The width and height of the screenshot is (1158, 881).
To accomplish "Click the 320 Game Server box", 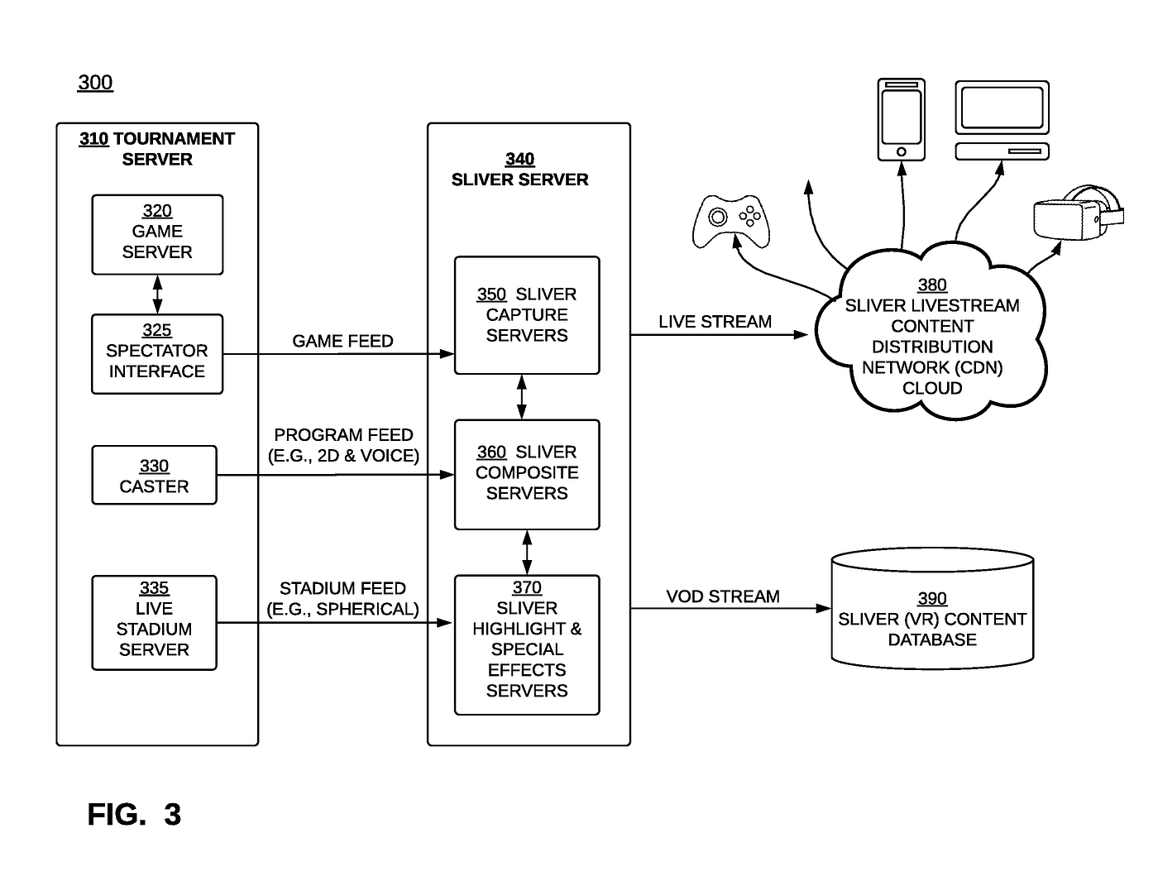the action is [156, 234].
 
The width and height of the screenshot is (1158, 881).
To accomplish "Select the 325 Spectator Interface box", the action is [156, 353].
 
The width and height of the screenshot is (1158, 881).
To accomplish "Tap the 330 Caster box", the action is [154, 475].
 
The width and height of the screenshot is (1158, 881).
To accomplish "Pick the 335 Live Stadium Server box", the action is [154, 623].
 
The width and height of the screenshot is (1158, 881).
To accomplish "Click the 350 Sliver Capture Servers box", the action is [527, 315].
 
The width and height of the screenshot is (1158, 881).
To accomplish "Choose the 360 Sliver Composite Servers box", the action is [527, 474].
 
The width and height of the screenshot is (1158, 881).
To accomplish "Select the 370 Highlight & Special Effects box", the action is [527, 644].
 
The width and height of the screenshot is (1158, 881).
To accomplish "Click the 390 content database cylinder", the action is [931, 608].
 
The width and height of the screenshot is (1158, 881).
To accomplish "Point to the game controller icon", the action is [730, 221].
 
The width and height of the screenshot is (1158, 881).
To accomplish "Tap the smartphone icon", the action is [901, 120].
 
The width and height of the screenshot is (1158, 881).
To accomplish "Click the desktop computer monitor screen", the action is [1002, 108].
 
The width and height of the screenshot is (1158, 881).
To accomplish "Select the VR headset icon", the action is [1078, 213].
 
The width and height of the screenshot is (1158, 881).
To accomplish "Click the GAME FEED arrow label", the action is [342, 341].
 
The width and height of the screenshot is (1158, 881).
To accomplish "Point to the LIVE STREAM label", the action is [715, 321].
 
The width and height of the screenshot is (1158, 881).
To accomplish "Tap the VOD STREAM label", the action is [722, 596].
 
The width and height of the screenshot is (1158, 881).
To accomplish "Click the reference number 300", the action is [95, 82].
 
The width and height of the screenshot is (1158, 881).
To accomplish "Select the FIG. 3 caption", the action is [134, 814].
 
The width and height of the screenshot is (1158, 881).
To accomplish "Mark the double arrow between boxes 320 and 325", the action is [157, 294].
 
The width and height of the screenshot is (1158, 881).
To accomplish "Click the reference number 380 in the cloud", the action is [931, 285].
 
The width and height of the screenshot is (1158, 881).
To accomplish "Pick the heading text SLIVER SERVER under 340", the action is [519, 180].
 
